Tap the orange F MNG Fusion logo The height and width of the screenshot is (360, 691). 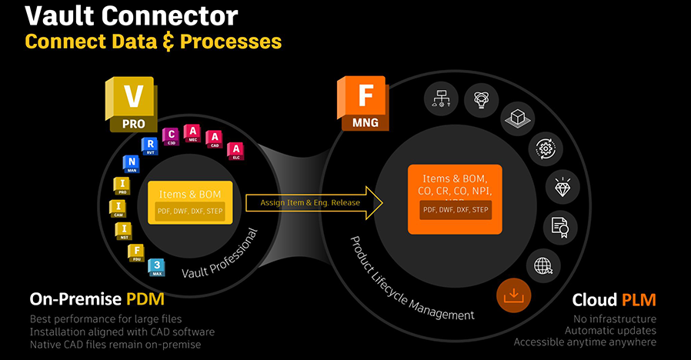click(x=362, y=103)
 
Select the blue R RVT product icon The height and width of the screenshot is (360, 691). click(x=150, y=147)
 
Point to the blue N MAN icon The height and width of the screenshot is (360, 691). click(x=130, y=165)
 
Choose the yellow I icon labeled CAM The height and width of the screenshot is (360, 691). click(x=119, y=208)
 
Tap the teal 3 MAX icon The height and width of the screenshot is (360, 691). click(x=157, y=267)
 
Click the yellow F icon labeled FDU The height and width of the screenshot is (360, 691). click(x=135, y=252)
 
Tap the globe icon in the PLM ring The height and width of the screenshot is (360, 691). click(x=542, y=265)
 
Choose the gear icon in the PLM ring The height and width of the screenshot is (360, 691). click(x=544, y=147)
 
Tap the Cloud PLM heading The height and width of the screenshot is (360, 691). click(x=614, y=298)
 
